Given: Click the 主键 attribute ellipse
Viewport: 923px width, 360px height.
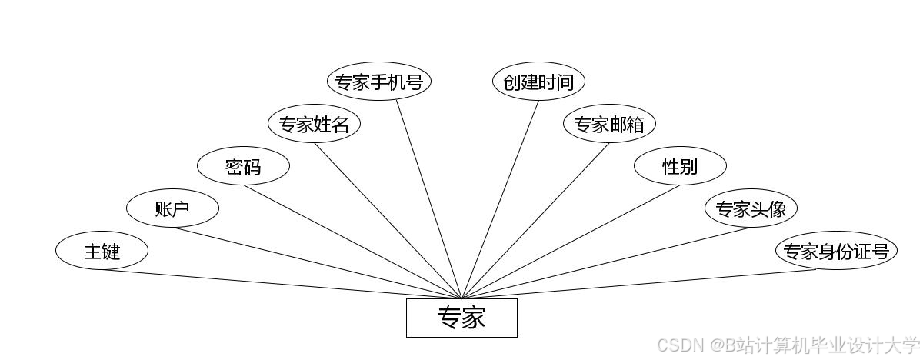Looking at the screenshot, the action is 102,251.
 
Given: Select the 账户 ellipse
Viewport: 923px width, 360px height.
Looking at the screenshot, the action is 172,208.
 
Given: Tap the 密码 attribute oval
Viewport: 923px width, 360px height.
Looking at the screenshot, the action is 243,166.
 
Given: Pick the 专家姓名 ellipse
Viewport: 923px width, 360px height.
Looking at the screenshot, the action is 314,124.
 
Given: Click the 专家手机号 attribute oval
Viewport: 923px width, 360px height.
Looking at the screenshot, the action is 378,82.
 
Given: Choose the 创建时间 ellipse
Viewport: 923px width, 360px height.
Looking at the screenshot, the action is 538,82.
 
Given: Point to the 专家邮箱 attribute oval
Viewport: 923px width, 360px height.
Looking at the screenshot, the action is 609,124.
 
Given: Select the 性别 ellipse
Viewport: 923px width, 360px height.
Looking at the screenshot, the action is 680,166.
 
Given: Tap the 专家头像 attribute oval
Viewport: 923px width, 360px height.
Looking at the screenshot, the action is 751,208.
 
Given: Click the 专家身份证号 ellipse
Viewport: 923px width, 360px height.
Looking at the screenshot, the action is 836,251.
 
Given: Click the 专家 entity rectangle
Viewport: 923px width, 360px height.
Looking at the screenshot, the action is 461,318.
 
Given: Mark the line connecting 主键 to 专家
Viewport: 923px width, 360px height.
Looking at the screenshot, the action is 281,284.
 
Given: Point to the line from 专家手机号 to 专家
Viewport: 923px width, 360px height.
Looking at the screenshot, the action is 429,199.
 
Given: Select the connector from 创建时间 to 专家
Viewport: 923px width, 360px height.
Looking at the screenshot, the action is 500,199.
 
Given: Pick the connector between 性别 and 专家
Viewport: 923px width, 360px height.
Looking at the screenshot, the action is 571,242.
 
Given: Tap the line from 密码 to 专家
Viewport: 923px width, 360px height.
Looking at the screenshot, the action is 352,242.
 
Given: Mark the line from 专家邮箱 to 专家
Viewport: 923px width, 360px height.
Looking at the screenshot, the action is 535,221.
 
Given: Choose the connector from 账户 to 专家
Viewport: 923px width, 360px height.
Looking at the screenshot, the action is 317,262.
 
